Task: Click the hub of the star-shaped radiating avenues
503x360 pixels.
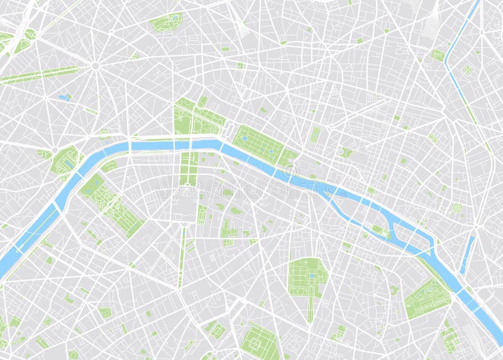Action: (96, 65)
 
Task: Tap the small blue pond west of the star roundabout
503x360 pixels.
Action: (64, 98)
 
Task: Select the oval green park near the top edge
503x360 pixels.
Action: (166, 22)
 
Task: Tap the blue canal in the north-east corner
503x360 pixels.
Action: (462, 38)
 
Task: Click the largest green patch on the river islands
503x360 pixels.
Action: (380, 231)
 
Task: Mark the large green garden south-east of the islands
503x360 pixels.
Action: (427, 298)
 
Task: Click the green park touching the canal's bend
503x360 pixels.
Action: (438, 55)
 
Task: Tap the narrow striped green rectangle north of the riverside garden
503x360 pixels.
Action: (315, 134)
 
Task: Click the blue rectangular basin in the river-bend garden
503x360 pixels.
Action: (68, 164)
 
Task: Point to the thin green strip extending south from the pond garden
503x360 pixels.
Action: (310, 308)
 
